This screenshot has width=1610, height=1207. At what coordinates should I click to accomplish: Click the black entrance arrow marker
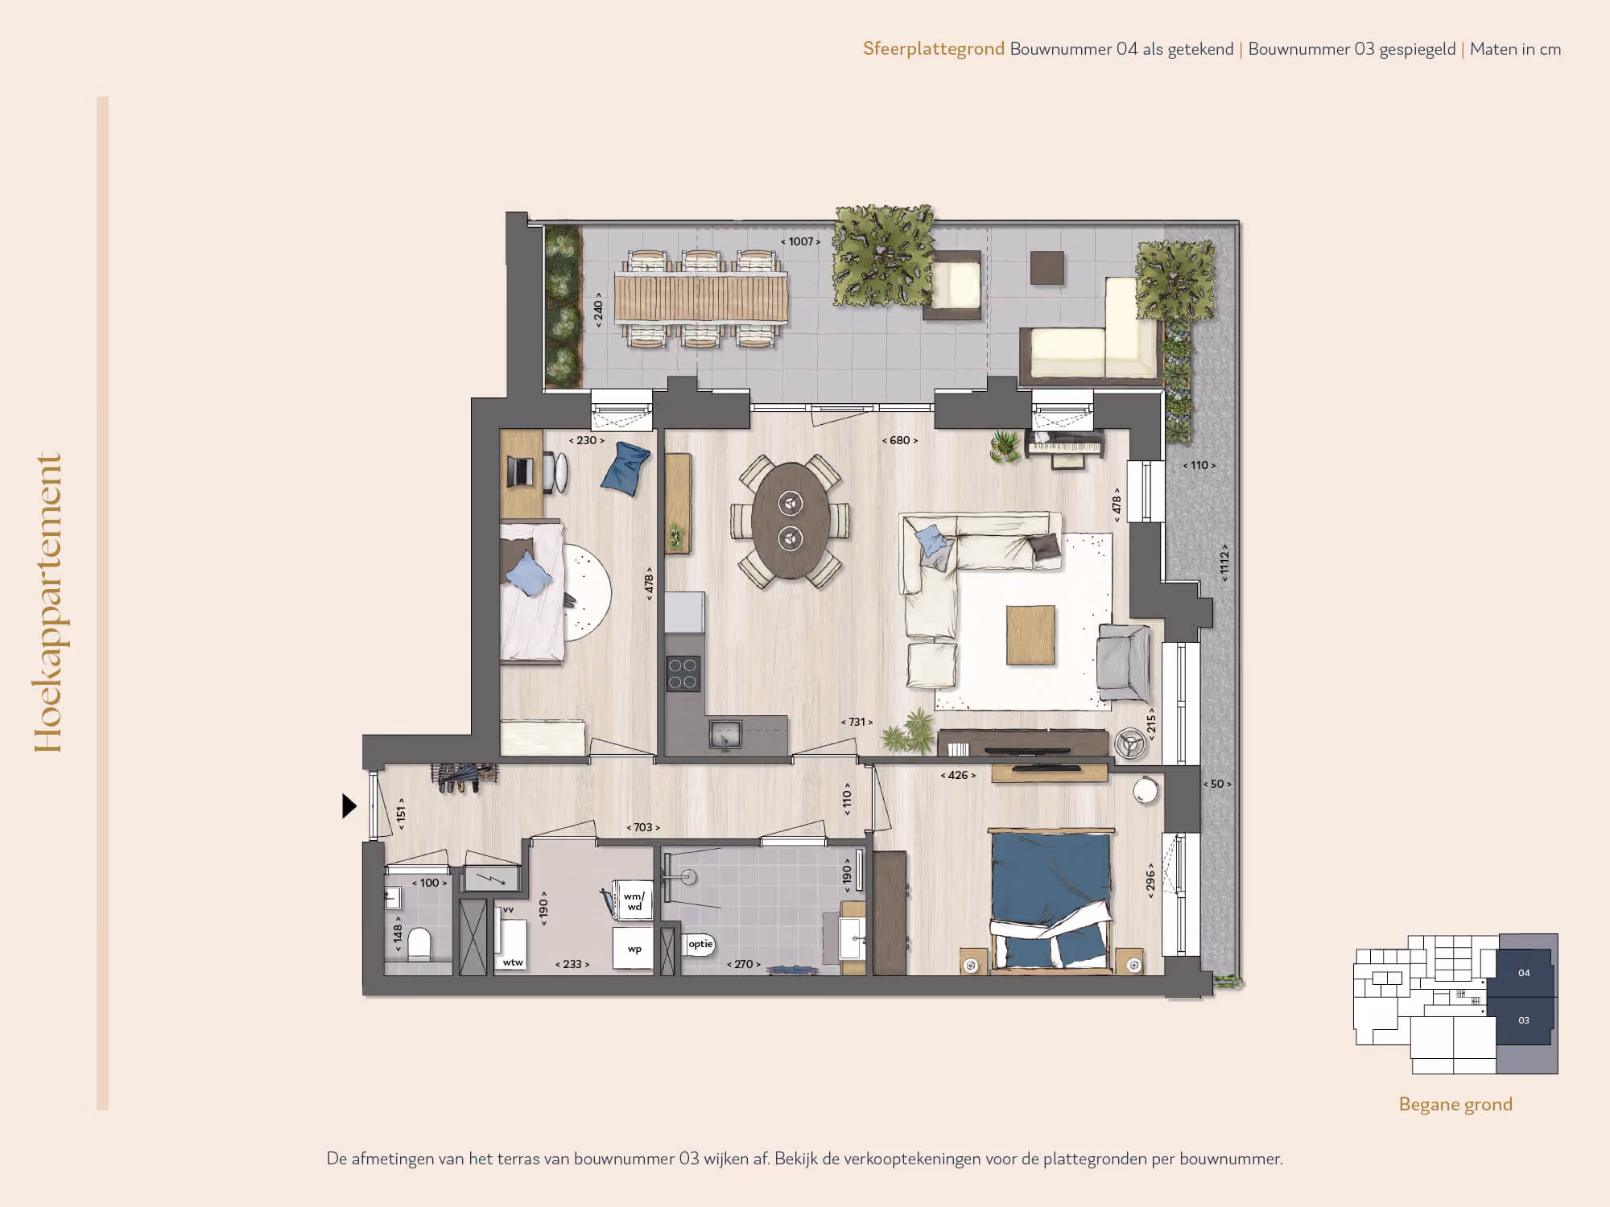tap(349, 805)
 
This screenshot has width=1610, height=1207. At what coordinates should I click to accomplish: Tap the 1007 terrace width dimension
tap(800, 241)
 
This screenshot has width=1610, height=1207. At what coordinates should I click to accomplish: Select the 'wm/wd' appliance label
tap(634, 901)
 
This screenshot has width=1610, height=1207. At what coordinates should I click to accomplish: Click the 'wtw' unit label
tap(513, 962)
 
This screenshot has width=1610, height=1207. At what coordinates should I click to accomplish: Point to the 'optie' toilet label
tap(700, 944)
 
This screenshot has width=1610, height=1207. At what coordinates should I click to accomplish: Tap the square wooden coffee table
tap(1030, 635)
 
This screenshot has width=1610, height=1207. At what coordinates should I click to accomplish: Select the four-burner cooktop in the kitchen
tap(683, 674)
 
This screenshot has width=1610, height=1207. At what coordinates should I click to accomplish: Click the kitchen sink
tap(725, 735)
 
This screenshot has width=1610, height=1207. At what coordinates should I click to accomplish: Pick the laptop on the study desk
tap(521, 472)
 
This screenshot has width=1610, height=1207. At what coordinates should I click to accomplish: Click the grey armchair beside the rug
tap(1124, 662)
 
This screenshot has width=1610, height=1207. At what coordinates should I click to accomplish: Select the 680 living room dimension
tap(900, 440)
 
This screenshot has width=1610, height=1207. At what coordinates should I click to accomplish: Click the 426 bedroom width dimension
tap(958, 775)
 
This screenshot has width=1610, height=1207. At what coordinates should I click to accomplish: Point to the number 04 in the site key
tap(1524, 973)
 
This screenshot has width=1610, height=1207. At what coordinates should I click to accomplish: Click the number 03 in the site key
tap(1524, 1020)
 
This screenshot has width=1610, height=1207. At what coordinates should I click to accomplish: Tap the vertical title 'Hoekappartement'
tap(47, 603)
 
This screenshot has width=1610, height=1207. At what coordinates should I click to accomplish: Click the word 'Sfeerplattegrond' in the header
tap(934, 49)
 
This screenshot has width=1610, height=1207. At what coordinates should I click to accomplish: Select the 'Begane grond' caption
tap(1455, 1104)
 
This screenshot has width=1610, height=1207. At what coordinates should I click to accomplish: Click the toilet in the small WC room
tap(419, 944)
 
